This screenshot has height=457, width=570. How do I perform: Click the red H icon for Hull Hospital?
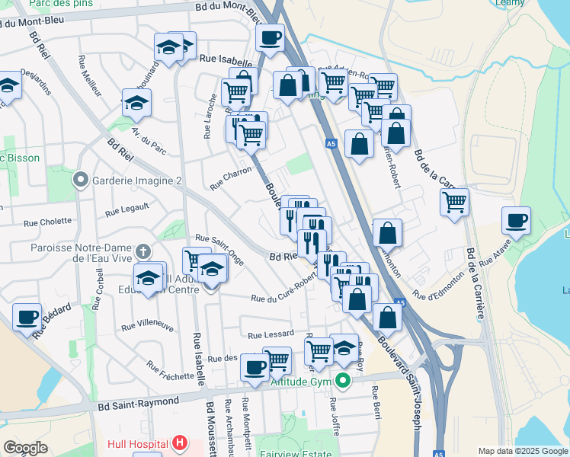tap(179, 443)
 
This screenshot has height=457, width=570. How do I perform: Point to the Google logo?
tap(25, 448)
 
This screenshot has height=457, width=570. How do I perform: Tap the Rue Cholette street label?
tap(47, 223)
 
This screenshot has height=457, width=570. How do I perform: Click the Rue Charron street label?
tap(230, 179)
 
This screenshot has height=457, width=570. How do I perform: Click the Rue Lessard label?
tap(270, 334)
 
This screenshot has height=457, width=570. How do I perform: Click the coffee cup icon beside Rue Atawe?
tap(516, 221)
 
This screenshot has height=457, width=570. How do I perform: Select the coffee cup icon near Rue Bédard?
tap(27, 317)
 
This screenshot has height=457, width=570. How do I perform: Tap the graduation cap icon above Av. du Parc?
tap(136, 103)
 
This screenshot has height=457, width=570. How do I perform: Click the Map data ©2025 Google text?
tap(522, 451)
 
